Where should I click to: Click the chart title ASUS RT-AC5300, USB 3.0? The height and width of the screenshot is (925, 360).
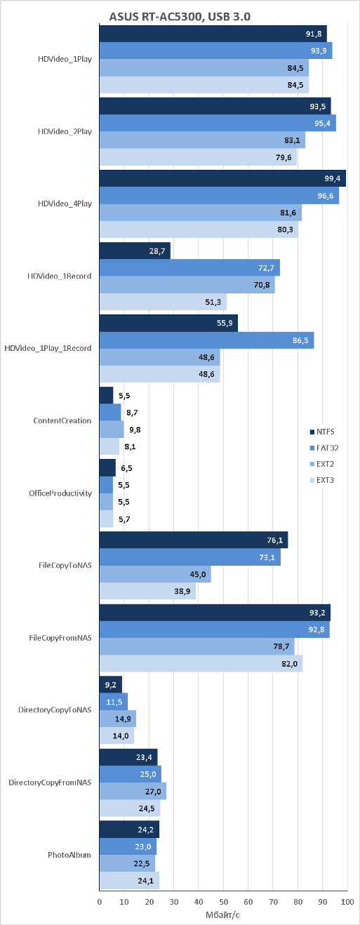tap(180, 17)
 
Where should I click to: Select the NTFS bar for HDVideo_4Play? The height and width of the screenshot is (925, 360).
tap(222, 178)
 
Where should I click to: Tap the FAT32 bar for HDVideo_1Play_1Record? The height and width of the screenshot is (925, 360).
tap(206, 340)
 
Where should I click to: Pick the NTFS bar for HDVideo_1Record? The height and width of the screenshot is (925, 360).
tap(135, 251)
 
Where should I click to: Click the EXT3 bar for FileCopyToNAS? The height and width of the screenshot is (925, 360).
tap(147, 591)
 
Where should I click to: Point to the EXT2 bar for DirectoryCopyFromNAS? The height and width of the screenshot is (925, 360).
tap(133, 791)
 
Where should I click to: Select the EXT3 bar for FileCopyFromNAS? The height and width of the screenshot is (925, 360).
tap(201, 664)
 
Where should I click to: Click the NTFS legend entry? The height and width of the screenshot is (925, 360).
tap(322, 432)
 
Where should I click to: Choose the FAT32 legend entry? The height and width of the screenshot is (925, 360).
tap(324, 448)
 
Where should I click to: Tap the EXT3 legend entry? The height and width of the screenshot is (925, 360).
tap(322, 480)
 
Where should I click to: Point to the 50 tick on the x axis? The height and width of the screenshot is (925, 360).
tap(223, 901)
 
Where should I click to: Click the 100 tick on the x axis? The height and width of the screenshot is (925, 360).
tap(347, 901)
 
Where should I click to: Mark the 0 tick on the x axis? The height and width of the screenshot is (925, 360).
tap(100, 901)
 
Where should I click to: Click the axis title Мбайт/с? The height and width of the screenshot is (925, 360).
tap(222, 914)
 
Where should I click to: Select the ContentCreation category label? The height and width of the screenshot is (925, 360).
tap(62, 421)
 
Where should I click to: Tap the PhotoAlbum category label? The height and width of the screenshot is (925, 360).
tap(69, 855)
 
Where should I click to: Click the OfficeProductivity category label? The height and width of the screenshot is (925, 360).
tap(60, 493)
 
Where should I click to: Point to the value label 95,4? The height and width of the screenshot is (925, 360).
tap(322, 124)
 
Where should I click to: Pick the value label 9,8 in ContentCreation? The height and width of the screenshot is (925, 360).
tap(135, 430)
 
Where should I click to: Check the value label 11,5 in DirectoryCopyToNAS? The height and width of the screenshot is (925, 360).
tap(114, 702)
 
